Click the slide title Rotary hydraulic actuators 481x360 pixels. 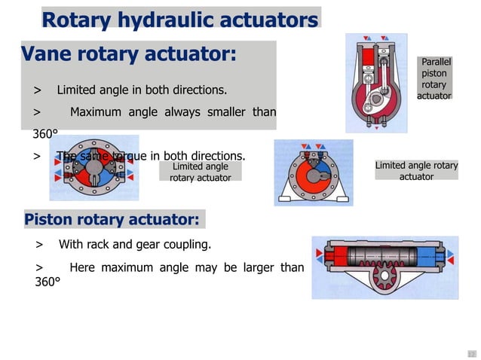point(180,19)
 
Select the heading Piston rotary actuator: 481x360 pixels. point(112,219)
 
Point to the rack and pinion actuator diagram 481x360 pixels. point(384,267)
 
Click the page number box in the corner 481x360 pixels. point(472,353)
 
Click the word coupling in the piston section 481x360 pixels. point(186,245)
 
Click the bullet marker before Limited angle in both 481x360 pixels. point(37,90)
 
